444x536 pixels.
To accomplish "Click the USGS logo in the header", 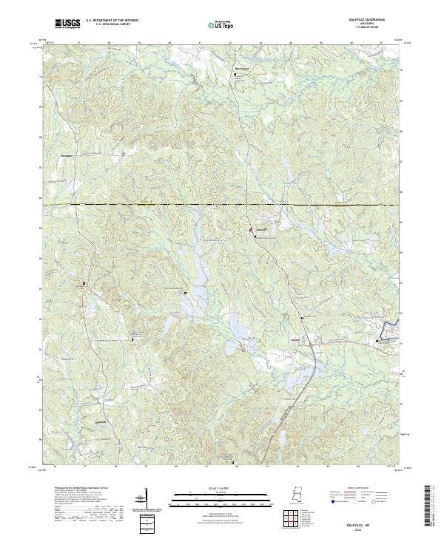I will (67, 24).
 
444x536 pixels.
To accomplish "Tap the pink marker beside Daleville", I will (250, 231).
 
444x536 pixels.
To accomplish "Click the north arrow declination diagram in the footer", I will (145, 499).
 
